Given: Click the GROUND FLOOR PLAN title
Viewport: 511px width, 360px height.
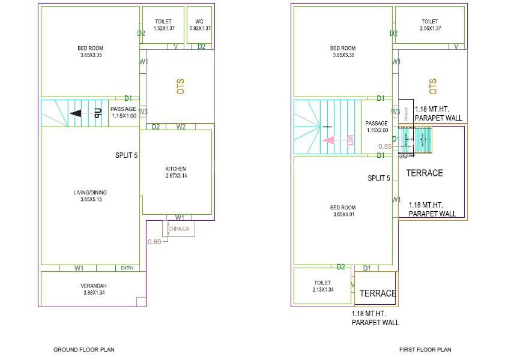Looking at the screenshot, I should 84,349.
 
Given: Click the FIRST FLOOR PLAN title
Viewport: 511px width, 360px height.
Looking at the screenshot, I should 425,349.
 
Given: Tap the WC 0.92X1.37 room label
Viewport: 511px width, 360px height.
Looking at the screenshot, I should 200,25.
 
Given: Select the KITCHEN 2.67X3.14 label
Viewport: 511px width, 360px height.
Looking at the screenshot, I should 176,172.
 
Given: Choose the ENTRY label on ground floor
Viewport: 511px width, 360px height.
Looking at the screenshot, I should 127,268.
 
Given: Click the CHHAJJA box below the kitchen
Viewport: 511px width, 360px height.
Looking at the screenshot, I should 180,229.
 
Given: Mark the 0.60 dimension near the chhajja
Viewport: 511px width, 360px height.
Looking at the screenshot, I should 154,242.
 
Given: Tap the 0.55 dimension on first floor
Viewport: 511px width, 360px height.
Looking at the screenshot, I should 385,146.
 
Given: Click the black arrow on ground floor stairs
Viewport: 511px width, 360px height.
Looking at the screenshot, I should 76,112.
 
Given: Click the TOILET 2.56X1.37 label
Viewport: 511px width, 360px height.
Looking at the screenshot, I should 430,25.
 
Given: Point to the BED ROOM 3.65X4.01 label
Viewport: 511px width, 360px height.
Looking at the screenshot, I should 343,211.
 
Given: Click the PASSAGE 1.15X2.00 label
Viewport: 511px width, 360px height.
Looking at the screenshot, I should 376,127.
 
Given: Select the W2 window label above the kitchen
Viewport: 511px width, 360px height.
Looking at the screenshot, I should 181,127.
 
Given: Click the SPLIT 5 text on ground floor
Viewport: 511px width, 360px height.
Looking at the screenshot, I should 126,155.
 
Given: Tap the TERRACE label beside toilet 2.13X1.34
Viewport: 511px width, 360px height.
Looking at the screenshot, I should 378,293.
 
